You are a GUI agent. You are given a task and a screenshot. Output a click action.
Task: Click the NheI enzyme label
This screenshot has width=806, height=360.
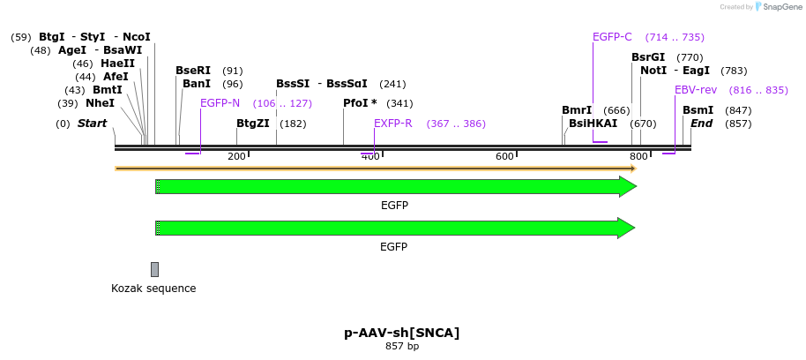[100, 103]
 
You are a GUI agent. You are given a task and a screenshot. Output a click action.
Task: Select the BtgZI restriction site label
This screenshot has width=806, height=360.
[253, 124]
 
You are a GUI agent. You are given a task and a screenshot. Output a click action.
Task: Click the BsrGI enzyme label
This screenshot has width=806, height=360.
[648, 57]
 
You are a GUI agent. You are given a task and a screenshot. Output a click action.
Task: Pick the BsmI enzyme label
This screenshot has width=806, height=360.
[698, 110]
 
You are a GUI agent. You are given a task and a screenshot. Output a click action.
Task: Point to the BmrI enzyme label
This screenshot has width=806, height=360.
[577, 110]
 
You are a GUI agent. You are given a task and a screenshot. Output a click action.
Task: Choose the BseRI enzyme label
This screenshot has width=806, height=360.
[193, 71]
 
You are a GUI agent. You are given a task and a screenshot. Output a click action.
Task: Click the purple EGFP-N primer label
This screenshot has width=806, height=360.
[220, 103]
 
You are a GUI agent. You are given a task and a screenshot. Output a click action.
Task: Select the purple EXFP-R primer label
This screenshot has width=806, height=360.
[392, 124]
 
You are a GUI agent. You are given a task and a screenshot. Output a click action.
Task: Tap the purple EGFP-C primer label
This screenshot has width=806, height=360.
[612, 37]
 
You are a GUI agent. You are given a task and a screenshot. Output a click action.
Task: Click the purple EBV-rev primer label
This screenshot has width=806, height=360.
[696, 90]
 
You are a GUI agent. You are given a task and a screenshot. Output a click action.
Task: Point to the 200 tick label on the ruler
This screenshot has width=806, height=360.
[236, 157]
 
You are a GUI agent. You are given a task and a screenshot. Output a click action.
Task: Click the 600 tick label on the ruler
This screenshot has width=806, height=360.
[504, 157]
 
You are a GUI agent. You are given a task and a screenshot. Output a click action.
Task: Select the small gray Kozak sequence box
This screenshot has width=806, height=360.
[154, 269]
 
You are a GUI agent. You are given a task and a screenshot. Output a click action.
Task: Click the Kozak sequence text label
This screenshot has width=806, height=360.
[153, 289]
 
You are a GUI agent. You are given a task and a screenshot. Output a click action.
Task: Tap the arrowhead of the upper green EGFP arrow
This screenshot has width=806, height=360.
[627, 186]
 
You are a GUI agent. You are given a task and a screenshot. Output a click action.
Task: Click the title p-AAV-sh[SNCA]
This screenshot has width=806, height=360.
[402, 333]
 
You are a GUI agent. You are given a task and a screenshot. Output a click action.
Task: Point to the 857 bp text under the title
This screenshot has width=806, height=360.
[402, 347]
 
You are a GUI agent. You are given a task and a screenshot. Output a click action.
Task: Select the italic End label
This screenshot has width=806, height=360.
[701, 124]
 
